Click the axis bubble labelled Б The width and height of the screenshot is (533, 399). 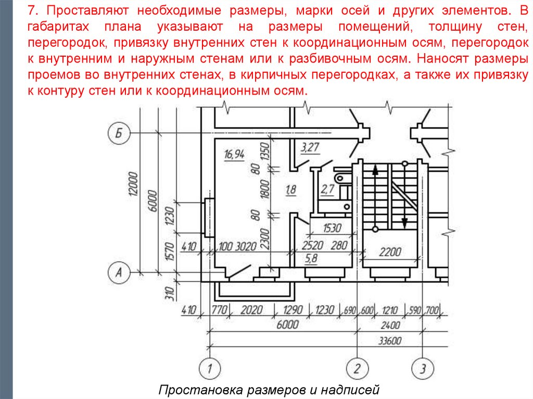tap(119, 134)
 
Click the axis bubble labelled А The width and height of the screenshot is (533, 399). tap(119, 271)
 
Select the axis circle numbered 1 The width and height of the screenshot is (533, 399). tap(210, 369)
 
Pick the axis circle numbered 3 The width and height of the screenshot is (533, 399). tap(423, 369)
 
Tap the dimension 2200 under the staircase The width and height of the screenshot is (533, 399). tap(390, 252)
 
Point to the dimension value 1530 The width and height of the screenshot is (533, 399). tap(332, 228)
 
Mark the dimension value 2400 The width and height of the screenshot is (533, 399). tap(389, 326)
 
